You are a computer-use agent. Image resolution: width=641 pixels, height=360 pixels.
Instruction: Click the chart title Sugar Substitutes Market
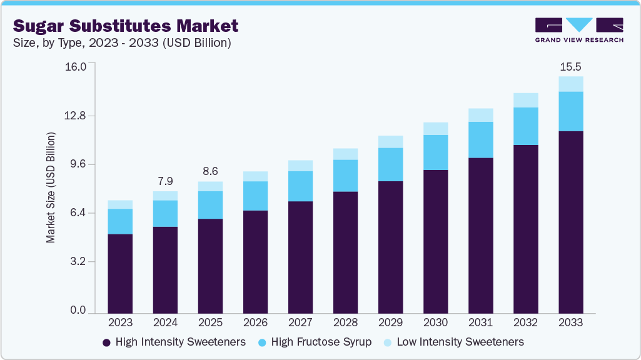click(126, 26)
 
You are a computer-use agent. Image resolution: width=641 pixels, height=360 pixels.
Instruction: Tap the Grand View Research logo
click(579, 30)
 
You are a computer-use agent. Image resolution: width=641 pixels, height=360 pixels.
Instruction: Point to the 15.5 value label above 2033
click(570, 66)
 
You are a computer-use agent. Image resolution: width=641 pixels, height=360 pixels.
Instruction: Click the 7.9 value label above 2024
click(165, 181)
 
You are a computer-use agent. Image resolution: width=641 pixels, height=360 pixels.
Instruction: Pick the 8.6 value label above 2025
click(210, 171)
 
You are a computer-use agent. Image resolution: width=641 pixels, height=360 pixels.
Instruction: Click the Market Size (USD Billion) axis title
click(51, 187)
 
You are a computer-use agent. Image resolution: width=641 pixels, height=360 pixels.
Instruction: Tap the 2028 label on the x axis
click(345, 323)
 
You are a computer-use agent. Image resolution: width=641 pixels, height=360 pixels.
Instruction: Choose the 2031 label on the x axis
click(480, 323)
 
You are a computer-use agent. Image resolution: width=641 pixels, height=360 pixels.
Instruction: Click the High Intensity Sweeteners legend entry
click(174, 342)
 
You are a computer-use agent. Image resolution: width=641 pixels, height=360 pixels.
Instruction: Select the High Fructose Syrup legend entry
click(321, 342)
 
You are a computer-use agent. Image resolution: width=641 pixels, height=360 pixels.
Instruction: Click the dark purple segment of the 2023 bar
click(120, 273)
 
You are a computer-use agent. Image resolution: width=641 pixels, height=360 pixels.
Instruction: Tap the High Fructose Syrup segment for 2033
click(570, 111)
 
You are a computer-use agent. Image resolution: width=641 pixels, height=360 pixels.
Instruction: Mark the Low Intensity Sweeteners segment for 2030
click(435, 129)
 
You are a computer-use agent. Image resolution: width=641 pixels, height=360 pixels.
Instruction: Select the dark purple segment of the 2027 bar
click(300, 257)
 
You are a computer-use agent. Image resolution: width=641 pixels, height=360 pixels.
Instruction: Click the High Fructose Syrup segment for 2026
click(255, 196)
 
